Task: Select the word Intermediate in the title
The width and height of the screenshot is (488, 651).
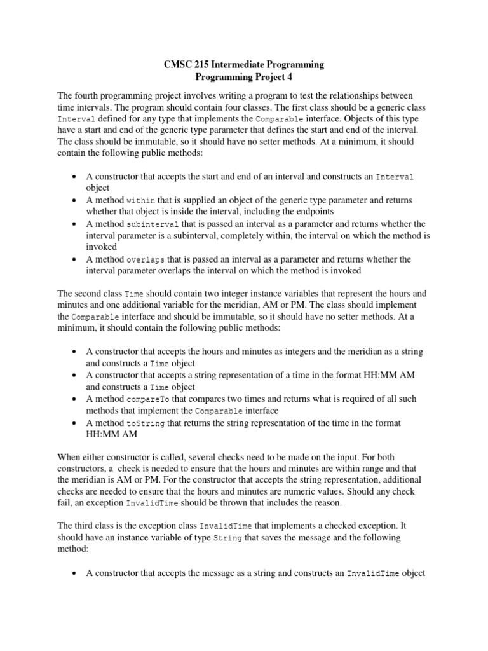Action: [242, 65]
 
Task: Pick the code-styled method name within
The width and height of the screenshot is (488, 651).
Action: [140, 200]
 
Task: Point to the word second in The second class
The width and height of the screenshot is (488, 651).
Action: [87, 294]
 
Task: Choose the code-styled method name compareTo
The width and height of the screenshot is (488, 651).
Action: [146, 399]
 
